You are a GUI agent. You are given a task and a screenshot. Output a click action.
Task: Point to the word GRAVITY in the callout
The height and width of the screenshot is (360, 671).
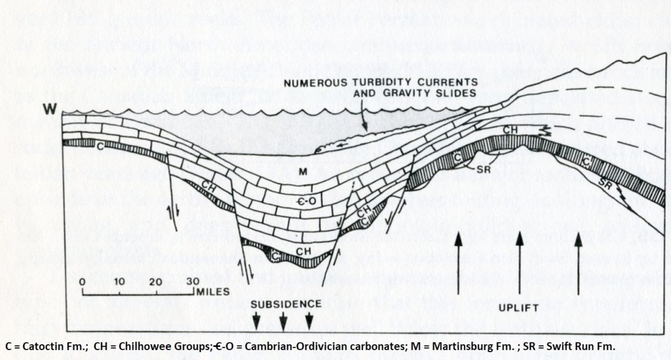coord(389,93)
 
